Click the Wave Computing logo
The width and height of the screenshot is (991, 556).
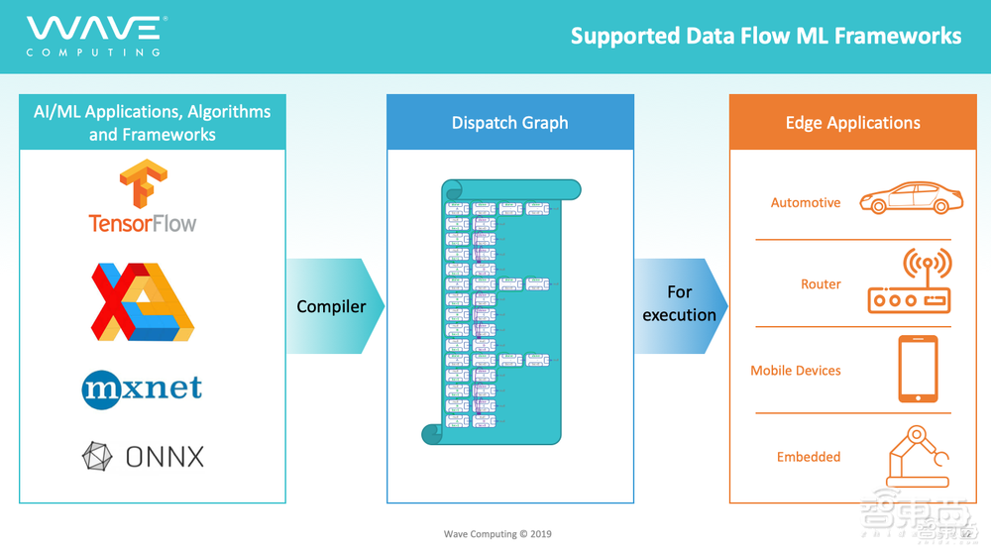pyautogui.click(x=95, y=36)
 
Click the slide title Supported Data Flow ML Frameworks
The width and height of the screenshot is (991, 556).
pyautogui.click(x=766, y=37)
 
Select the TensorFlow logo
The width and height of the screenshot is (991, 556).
pyautogui.click(x=143, y=197)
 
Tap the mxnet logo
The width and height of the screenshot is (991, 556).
pyautogui.click(x=143, y=387)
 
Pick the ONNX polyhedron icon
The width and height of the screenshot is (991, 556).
pyautogui.click(x=97, y=456)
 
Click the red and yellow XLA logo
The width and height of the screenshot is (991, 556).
pyautogui.click(x=143, y=302)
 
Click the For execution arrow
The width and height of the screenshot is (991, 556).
pyautogui.click(x=681, y=304)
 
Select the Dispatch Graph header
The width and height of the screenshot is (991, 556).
pyautogui.click(x=510, y=123)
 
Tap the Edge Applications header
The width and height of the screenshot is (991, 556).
pyautogui.click(x=852, y=123)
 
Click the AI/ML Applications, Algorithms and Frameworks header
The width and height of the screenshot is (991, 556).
pyautogui.click(x=153, y=123)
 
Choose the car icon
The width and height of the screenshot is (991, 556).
pyautogui.click(x=911, y=197)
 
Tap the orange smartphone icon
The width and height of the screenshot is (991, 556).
pyautogui.click(x=918, y=369)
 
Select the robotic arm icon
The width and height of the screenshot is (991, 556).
pyautogui.click(x=917, y=456)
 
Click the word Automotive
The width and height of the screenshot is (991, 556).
pyautogui.click(x=806, y=203)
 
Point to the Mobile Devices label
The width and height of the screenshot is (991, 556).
pyautogui.click(x=796, y=371)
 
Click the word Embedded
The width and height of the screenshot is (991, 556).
pyautogui.click(x=809, y=457)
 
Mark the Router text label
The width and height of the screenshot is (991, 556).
pyautogui.click(x=821, y=284)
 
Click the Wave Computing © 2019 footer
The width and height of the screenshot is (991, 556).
pyautogui.click(x=497, y=534)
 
